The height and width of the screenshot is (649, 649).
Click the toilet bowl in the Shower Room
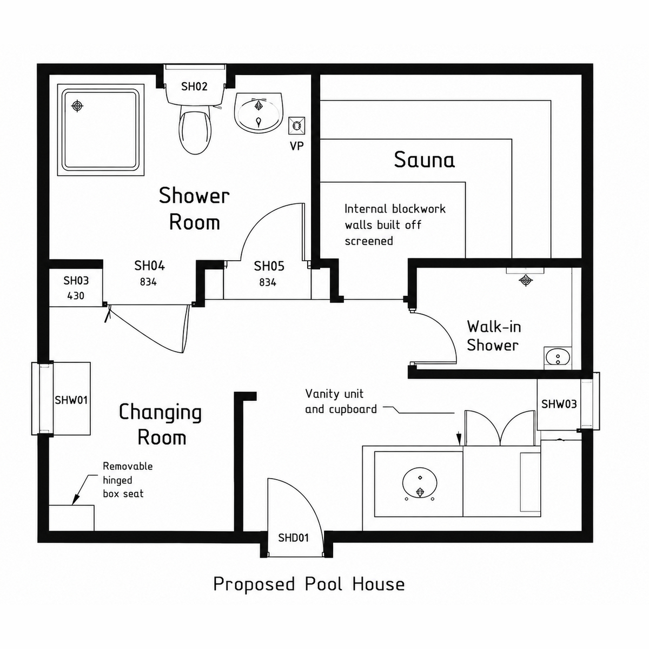pos(195,132)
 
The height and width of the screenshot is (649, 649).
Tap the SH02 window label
pos(194,87)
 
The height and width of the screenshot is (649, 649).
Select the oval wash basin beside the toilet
pos(259,112)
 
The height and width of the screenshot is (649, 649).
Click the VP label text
pos(297,146)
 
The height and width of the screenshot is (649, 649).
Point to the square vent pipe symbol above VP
pos(297,125)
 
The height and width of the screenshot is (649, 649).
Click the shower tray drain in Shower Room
pos(77,106)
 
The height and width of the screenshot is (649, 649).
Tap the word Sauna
pos(425,160)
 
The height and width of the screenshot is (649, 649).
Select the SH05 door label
pos(269,266)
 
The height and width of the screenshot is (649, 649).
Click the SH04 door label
pos(149,266)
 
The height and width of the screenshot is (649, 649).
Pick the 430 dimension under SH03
pos(76,296)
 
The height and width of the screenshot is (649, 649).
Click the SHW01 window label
pos(71,400)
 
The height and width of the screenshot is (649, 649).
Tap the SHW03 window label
pos(559,404)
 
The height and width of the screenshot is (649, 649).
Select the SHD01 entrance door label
pos(293,538)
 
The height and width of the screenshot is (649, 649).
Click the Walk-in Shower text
pos(494,336)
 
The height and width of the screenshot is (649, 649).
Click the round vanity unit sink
pos(420,484)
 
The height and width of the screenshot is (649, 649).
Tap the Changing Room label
pos(161,425)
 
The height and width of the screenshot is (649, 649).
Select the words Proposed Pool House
pos(309,584)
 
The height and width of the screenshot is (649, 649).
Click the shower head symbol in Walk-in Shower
pos(525,280)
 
